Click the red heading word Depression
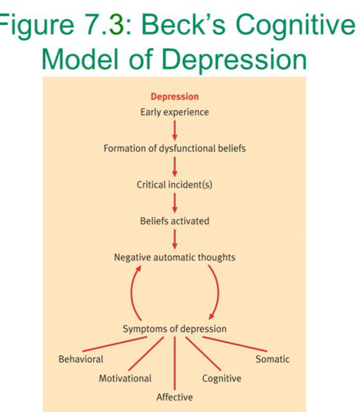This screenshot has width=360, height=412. point(175,97)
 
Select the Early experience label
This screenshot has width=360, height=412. point(175,112)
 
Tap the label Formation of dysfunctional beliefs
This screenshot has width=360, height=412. point(175,148)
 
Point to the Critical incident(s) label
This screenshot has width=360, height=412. point(175,185)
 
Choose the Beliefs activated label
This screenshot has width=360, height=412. point(175,221)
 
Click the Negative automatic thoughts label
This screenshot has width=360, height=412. point(175,257)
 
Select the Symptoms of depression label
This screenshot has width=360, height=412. point(175,329)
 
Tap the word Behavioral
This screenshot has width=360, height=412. point(81,359)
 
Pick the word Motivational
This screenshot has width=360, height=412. point(125,378)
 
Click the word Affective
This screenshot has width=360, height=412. point(175,397)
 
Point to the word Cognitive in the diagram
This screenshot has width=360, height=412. point(222,378)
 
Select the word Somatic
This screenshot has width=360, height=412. point(272,359)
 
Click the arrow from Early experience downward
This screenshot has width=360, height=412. point(175,130)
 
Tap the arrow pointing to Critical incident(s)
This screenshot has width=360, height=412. point(175,167)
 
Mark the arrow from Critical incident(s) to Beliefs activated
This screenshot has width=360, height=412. point(175,203)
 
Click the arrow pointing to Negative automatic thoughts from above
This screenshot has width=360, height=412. point(175,239)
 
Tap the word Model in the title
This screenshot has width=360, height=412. point(80,59)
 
